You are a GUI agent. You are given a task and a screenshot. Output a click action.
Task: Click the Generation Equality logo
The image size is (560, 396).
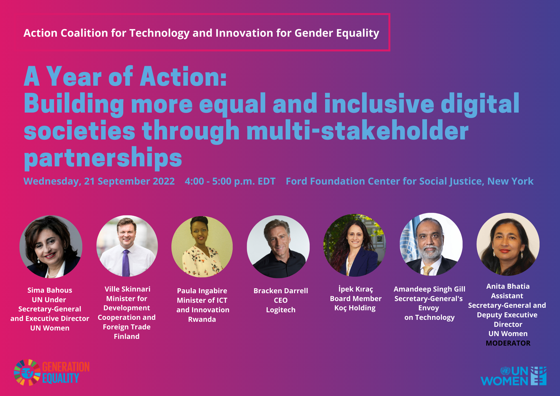pos(52,372)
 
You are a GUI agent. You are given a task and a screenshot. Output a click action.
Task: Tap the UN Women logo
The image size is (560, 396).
pos(514,376)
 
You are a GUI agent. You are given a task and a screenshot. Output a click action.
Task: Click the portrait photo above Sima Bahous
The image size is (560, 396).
pos(51,247)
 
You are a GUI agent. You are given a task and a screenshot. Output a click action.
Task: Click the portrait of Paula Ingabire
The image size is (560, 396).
pos(202,247)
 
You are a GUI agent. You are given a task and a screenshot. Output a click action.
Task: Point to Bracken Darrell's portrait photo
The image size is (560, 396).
pos(278,247)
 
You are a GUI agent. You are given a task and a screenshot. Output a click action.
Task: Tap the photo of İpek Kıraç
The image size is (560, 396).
pos(354,245)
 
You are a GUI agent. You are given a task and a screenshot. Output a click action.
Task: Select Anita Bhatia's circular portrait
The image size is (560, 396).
pos(508,244)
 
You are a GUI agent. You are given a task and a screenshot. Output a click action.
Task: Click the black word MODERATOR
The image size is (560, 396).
pos(508,343)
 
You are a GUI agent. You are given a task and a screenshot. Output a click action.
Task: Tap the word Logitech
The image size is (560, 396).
pos(281,310)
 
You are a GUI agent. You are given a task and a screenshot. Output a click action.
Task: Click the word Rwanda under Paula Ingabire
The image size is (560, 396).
pos(202,319)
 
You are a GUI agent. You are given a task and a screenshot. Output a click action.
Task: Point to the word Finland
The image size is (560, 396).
pos(127,336)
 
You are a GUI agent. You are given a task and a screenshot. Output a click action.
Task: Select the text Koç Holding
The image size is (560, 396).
pos(355,308)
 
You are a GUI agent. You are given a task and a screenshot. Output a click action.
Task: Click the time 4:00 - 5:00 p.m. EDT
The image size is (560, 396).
pos(230,181)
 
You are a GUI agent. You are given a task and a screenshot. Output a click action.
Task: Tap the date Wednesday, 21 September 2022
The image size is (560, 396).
pos(99,181)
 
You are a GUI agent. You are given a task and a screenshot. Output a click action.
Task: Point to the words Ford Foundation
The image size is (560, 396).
pos(325,181)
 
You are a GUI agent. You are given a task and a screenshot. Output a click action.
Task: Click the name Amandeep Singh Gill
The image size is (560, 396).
pos(429,289)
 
